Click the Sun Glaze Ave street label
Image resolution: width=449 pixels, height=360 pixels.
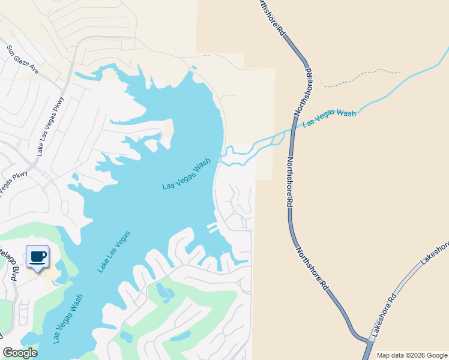22,59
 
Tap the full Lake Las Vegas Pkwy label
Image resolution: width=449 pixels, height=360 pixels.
49,132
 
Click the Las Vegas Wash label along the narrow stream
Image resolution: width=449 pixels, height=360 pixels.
330,117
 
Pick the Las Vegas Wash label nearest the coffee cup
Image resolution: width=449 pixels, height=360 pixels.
68,319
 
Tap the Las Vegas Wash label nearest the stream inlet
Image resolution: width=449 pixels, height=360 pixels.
187,175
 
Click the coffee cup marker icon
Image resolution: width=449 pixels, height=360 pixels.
38,257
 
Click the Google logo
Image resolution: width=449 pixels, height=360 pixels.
20,353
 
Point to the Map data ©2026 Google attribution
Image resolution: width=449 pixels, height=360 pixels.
412,355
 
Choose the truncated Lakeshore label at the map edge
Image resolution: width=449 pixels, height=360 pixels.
435,252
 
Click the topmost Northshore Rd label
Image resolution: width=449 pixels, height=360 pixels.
272,20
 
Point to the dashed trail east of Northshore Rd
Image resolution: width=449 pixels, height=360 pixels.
360,77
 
